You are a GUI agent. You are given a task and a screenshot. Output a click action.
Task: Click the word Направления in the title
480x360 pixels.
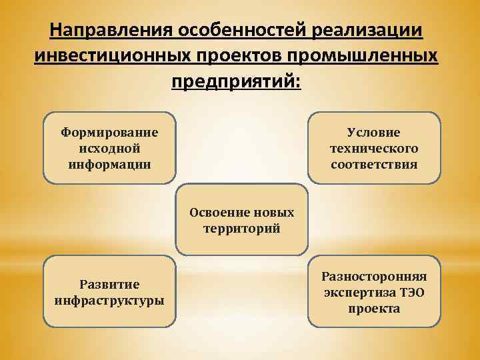pyautogui.click(x=111, y=31)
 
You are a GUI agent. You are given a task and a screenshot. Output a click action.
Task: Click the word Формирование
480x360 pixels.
pyautogui.click(x=109, y=132)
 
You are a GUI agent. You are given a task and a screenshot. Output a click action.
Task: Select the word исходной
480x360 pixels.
pyautogui.click(x=109, y=147)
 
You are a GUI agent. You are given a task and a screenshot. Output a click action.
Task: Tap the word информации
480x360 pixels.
pyautogui.click(x=109, y=163)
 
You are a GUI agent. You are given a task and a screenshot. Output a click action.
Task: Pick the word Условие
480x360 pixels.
pyautogui.click(x=374, y=133)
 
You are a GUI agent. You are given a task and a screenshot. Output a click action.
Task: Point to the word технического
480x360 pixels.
pyautogui.click(x=374, y=148)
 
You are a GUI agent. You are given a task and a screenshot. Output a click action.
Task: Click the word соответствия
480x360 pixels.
pyautogui.click(x=374, y=164)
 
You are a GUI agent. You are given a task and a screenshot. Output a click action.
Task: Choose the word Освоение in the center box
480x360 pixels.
pyautogui.click(x=219, y=213)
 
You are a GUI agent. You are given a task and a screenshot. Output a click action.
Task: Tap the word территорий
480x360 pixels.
pyautogui.click(x=241, y=229)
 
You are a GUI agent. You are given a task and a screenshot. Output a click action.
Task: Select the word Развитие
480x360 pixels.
pyautogui.click(x=109, y=285)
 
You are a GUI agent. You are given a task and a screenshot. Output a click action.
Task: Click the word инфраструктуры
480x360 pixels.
pyautogui.click(x=109, y=300)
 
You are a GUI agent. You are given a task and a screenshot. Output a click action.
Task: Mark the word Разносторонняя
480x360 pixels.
pyautogui.click(x=374, y=276)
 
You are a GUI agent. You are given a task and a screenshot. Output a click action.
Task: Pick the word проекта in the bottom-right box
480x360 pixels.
pyautogui.click(x=374, y=309)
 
